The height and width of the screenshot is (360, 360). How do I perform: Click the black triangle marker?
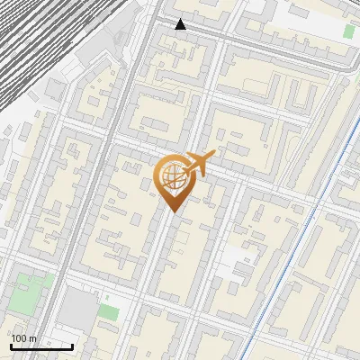[181, 24]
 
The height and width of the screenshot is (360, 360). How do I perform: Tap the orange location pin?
[173, 180]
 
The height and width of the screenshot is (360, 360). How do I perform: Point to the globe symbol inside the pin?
[173, 176]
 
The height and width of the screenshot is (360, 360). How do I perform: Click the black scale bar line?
[41, 346]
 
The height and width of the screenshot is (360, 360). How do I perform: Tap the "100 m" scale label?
[24, 338]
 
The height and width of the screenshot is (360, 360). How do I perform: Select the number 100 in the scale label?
[20, 338]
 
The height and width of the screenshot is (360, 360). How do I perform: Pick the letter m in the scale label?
[33, 338]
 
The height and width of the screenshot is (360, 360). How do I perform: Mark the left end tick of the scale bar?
[11, 345]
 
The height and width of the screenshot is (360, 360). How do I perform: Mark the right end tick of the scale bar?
[72, 345]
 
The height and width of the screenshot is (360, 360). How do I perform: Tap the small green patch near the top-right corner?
[348, 31]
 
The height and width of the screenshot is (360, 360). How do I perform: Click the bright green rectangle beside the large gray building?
[109, 312]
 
